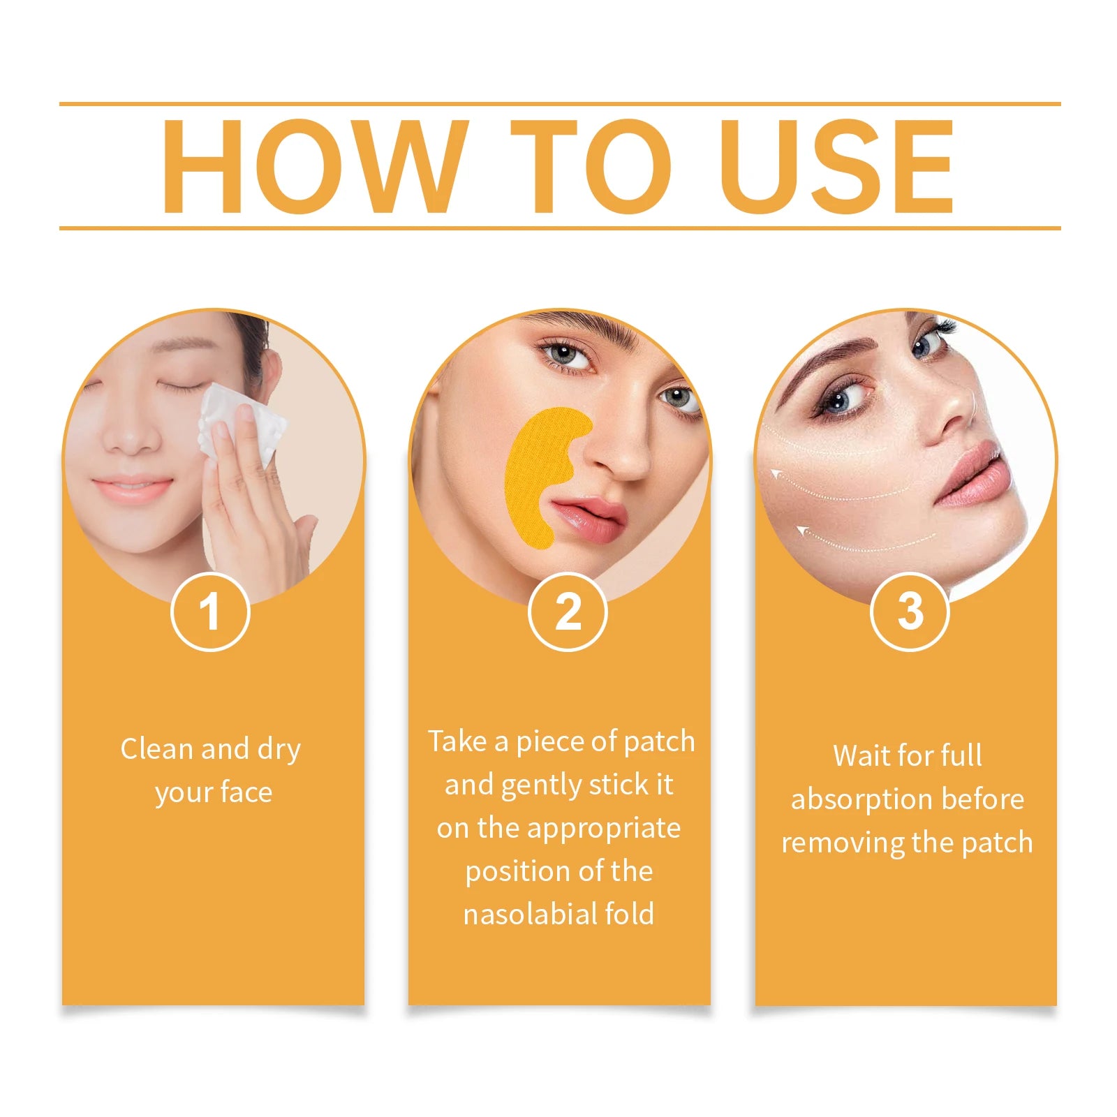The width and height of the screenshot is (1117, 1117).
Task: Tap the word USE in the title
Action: pyautogui.click(x=836, y=166)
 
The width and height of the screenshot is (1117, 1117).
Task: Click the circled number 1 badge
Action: pyautogui.click(x=210, y=612)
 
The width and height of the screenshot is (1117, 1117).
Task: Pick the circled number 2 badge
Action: pyautogui.click(x=568, y=612)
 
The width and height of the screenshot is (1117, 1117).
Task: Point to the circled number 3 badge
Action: pyautogui.click(x=910, y=612)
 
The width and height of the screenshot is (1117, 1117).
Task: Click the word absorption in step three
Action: pyautogui.click(x=869, y=799)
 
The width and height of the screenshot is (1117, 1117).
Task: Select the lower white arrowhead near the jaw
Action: pyautogui.click(x=803, y=532)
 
